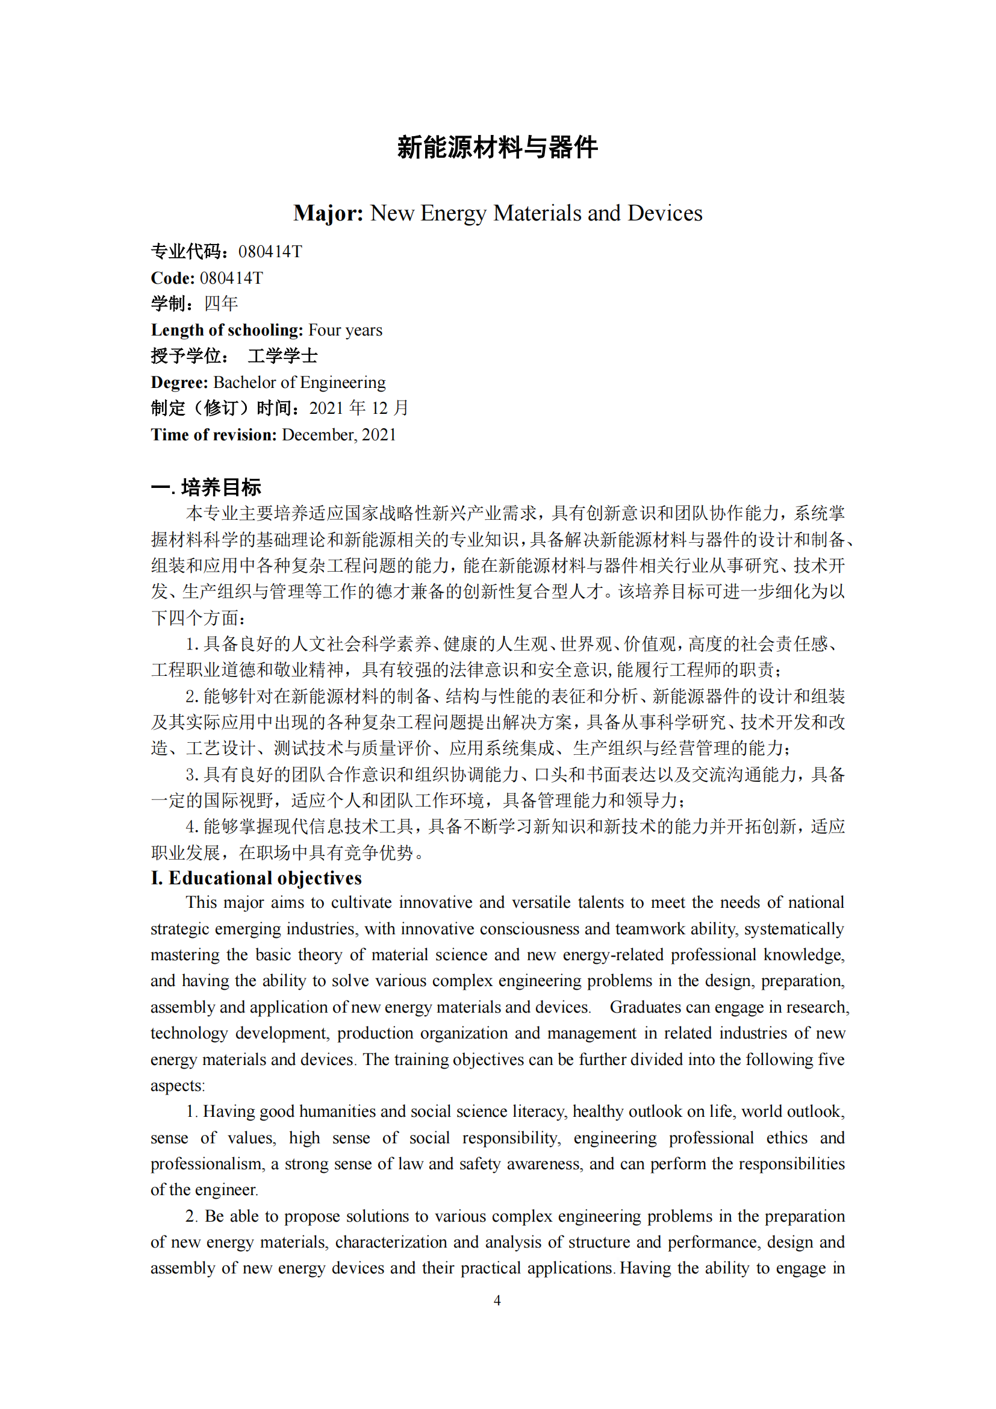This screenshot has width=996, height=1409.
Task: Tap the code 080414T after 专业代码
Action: click(x=270, y=252)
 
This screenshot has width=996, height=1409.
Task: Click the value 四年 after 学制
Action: click(x=221, y=304)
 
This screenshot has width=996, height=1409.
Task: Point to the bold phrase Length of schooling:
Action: click(x=227, y=330)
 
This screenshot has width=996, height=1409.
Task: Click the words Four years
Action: click(x=345, y=330)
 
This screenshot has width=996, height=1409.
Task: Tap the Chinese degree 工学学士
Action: click(x=283, y=356)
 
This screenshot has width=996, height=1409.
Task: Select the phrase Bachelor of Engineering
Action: click(x=299, y=383)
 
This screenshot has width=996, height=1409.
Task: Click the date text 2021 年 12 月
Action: click(x=359, y=408)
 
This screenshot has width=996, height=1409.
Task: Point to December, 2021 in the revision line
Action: click(x=339, y=435)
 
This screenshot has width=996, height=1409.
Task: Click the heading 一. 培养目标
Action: click(x=206, y=487)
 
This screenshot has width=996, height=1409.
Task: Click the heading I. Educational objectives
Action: click(x=257, y=878)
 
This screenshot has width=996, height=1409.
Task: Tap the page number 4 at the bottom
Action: click(x=497, y=1300)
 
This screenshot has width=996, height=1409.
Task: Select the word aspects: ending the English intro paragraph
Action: click(x=178, y=1086)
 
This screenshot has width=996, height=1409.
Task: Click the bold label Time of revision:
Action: click(x=214, y=435)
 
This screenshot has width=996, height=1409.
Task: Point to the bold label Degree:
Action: click(x=179, y=383)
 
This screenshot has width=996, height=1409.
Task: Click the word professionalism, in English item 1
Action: click(x=208, y=1164)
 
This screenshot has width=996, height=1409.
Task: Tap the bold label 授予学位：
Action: click(x=191, y=356)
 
